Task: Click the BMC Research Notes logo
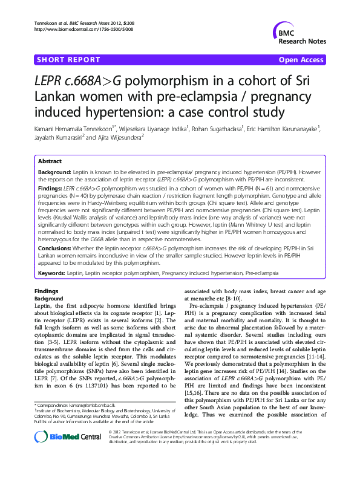click(300, 36)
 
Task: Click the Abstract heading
click(50, 162)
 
